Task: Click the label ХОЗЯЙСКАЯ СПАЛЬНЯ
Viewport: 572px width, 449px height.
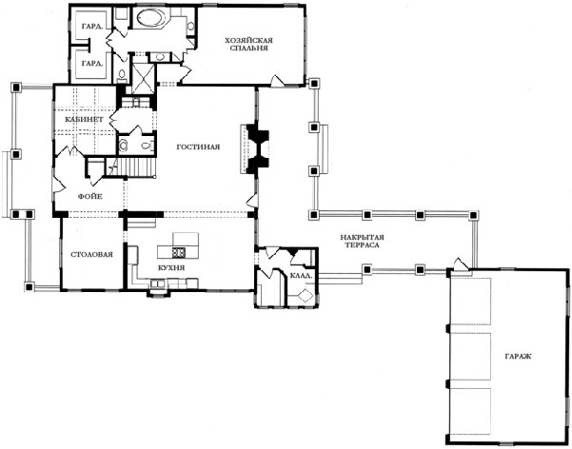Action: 249,44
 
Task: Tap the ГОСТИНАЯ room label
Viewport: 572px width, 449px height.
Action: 198,147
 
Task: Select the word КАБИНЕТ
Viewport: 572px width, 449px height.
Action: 84,119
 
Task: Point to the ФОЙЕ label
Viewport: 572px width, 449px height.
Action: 89,196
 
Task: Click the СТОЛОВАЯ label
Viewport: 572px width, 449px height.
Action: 91,254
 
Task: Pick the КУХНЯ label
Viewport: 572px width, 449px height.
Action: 171,267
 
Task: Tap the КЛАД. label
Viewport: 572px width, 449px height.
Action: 301,276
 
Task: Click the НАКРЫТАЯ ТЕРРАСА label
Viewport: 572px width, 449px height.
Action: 363,241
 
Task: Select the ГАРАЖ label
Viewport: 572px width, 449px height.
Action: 518,356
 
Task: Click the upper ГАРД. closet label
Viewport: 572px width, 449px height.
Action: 91,27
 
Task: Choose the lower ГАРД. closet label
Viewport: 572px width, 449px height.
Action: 92,63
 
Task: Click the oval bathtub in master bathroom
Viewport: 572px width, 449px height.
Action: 151,17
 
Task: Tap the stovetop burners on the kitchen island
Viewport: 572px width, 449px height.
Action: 178,251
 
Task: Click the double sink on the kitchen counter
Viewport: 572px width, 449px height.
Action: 159,283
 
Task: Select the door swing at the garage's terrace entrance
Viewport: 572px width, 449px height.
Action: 461,264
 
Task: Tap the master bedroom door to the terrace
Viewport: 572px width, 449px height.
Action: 277,81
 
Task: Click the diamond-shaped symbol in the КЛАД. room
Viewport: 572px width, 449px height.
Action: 306,295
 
